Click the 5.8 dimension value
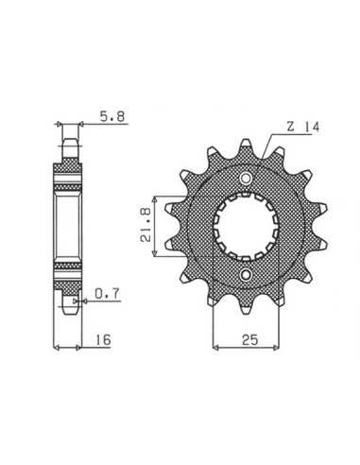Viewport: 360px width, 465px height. click(112, 117)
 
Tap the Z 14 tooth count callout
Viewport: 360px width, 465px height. click(303, 127)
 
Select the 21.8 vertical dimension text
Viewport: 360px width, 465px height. click(146, 226)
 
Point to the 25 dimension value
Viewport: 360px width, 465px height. click(250, 339)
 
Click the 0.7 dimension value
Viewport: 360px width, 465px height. click(108, 294)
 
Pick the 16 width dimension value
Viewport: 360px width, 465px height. click(103, 339)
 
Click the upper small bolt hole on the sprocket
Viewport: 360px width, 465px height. click(246, 179)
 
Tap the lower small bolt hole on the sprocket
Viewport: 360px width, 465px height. click(246, 275)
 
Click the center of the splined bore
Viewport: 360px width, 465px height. click(246, 227)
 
